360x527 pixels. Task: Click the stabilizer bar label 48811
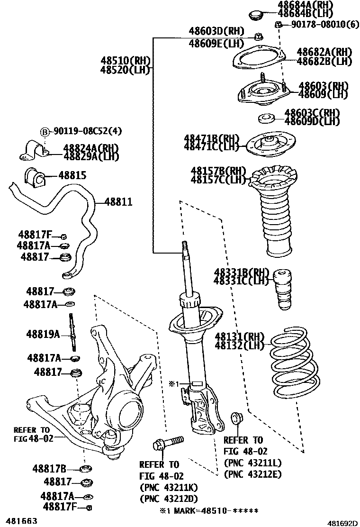pos(118,202)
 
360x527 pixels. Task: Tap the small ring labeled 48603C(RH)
pos(268,118)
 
